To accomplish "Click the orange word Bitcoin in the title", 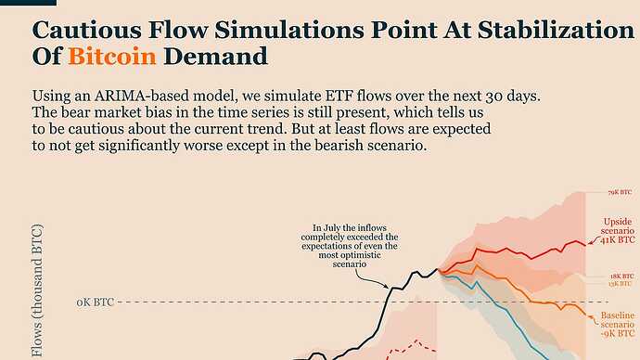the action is pyautogui.click(x=112, y=57).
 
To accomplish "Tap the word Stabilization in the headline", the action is pyautogui.click(x=556, y=30).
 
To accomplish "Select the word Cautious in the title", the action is pyautogui.click(x=87, y=30).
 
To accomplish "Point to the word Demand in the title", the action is pyautogui.click(x=215, y=57).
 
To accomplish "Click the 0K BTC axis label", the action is pyautogui.click(x=96, y=302).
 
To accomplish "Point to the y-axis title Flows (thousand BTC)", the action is pyautogui.click(x=37, y=290).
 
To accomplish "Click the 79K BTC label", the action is pyautogui.click(x=620, y=192).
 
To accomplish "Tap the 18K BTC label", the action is pyautogui.click(x=622, y=276).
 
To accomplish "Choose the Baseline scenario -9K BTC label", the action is pyautogui.click(x=618, y=325).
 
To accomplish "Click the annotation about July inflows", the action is pyautogui.click(x=350, y=246).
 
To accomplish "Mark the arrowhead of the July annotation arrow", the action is pyautogui.click(x=387, y=287).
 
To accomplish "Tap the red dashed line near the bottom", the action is pyautogui.click(x=412, y=346).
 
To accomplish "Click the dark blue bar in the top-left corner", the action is pyautogui.click(x=28, y=3).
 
